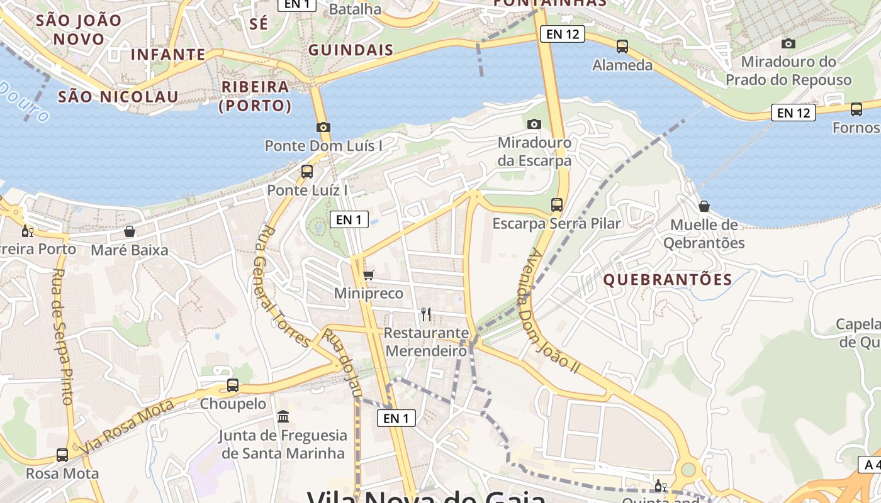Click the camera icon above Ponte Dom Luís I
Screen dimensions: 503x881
[x=323, y=128]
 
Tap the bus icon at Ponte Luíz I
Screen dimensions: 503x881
[x=307, y=171]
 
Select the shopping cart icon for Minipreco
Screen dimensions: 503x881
[x=369, y=275]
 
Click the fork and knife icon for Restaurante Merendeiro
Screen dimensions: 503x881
[x=426, y=314]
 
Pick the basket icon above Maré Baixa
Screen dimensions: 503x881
[x=130, y=231]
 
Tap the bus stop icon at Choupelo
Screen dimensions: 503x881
[x=233, y=385]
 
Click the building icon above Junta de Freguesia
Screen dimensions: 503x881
[x=283, y=416]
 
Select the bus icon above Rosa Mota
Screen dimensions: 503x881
[x=62, y=455]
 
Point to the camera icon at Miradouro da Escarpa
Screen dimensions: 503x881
[x=534, y=124]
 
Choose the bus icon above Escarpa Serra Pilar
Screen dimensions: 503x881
[x=557, y=204]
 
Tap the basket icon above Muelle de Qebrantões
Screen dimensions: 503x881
[x=704, y=206]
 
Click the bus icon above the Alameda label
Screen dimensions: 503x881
[x=622, y=46]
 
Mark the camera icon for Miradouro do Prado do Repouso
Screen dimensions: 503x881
[x=788, y=43]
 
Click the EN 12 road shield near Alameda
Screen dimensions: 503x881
[x=563, y=34]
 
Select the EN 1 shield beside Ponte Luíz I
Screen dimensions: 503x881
[x=349, y=219]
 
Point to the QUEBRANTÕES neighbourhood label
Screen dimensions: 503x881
[x=668, y=280]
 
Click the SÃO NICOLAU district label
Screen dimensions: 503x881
[x=118, y=97]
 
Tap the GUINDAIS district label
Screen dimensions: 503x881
[x=351, y=50]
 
